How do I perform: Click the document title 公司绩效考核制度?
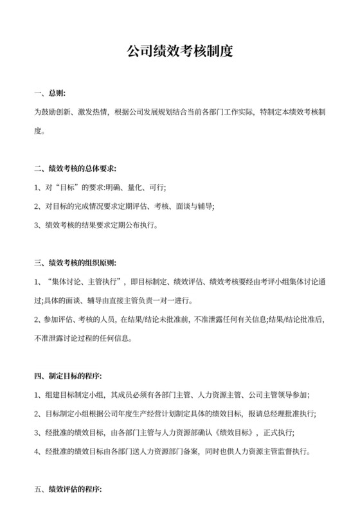pos(179,51)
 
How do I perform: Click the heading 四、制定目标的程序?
pos(67,375)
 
